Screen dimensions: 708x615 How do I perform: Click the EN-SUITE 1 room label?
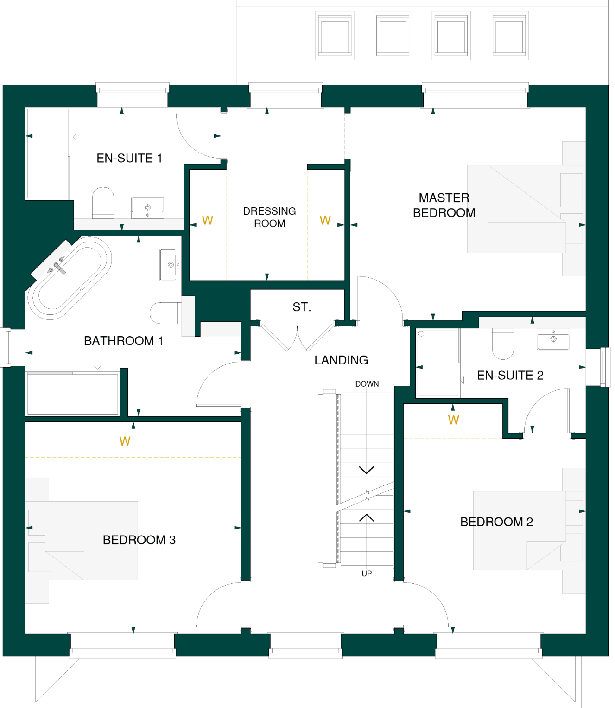pyautogui.click(x=129, y=159)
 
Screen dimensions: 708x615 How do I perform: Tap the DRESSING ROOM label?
pyautogui.click(x=269, y=217)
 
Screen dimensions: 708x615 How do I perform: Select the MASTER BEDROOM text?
pyautogui.click(x=444, y=205)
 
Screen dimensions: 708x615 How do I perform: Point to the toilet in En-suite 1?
pyautogui.click(x=103, y=203)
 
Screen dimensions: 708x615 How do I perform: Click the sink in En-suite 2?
pyautogui.click(x=553, y=338)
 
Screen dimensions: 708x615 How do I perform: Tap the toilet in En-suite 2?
pyautogui.click(x=503, y=343)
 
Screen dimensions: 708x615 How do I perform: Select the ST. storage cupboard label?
pyautogui.click(x=302, y=307)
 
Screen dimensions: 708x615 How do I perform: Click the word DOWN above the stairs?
pyautogui.click(x=367, y=384)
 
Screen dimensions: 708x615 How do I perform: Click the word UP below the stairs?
pyautogui.click(x=367, y=574)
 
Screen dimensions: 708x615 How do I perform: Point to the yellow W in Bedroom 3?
pyautogui.click(x=125, y=441)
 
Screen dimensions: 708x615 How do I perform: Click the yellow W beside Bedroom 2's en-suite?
pyautogui.click(x=453, y=420)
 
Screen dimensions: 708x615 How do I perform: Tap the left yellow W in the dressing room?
pyautogui.click(x=207, y=220)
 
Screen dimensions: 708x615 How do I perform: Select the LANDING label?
pyautogui.click(x=341, y=360)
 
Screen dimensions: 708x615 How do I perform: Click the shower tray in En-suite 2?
pyautogui.click(x=437, y=363)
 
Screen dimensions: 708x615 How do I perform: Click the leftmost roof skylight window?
pyautogui.click(x=335, y=36)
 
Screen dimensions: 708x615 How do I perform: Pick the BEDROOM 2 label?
pyautogui.click(x=496, y=522)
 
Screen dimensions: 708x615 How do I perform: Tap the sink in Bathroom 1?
pyautogui.click(x=170, y=265)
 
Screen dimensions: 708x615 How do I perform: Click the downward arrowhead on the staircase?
pyautogui.click(x=367, y=470)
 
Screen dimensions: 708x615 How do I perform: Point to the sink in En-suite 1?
pyautogui.click(x=147, y=207)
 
